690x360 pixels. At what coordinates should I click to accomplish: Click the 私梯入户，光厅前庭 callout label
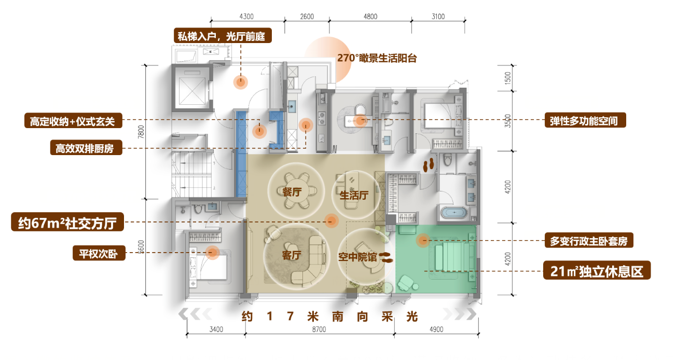point(223,36)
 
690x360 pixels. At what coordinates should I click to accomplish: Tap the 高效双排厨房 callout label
point(86,148)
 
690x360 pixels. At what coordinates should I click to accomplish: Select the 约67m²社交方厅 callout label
point(67,222)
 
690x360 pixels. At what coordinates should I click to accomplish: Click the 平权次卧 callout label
point(99,253)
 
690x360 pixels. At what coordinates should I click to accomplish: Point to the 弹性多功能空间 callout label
point(585,120)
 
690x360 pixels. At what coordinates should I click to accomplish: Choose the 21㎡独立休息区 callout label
point(597,270)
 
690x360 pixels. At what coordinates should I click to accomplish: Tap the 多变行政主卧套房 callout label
point(589,240)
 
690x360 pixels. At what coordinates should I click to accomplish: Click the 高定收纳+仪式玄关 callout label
point(73,121)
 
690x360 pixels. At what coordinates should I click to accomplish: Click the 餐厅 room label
point(292,192)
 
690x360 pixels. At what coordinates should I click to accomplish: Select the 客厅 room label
point(292,255)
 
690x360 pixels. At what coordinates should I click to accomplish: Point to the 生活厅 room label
point(354,195)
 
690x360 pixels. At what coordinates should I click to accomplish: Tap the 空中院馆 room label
point(357,257)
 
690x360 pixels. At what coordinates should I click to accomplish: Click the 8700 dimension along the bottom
point(319,329)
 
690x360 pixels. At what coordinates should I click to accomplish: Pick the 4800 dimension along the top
point(370,17)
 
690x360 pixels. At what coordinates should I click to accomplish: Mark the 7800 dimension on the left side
point(141,132)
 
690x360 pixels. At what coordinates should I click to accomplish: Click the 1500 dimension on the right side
point(507,78)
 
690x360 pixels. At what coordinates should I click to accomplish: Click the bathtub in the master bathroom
point(454,213)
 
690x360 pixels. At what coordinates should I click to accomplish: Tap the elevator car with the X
point(192,87)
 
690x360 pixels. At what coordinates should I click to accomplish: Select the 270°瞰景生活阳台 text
point(377,58)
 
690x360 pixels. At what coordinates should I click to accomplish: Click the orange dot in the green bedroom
point(423,240)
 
